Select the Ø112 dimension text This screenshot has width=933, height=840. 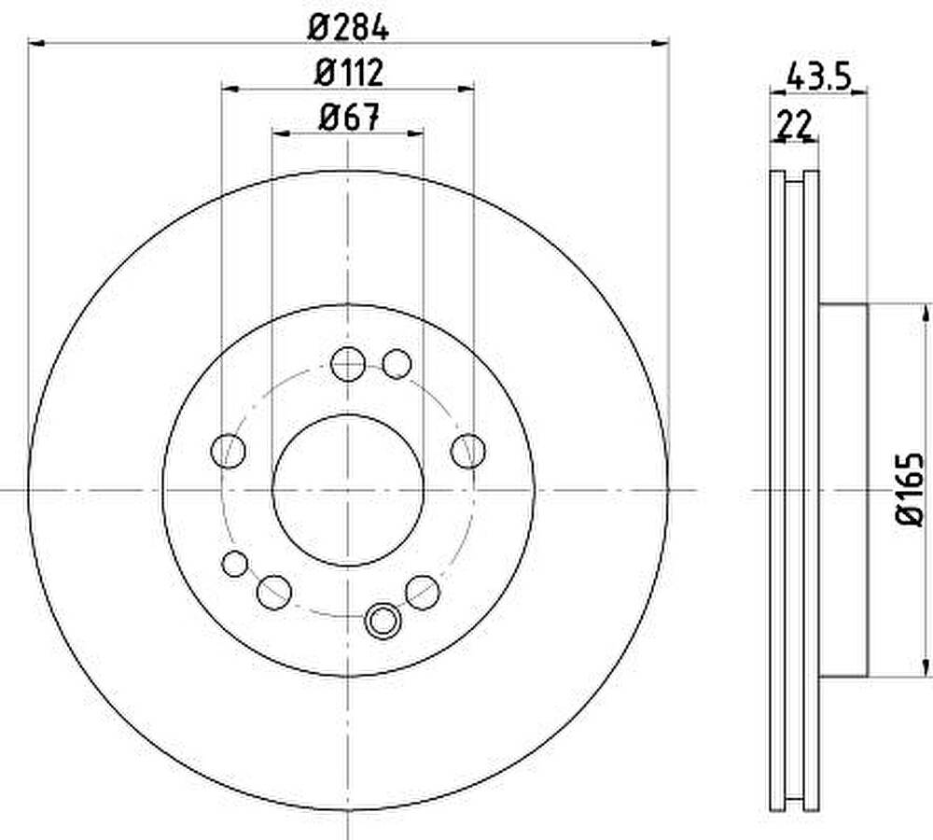(349, 73)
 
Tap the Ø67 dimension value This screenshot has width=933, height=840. (349, 118)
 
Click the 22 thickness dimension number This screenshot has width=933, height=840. (795, 125)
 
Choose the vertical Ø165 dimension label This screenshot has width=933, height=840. (909, 489)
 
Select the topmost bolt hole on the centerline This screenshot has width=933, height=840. (348, 364)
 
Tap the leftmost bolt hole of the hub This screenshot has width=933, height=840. (228, 451)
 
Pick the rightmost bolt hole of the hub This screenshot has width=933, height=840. (468, 451)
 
